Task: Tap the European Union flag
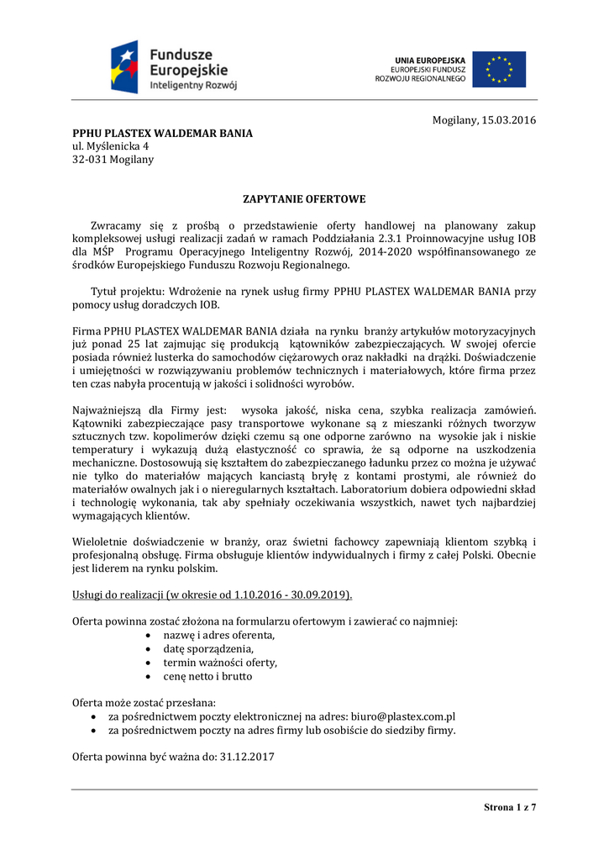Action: pos(499,69)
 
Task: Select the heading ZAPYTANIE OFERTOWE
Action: pos(304,199)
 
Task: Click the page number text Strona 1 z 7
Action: pos(510,807)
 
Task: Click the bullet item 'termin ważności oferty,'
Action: pos(220,662)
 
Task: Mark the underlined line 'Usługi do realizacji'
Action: pos(213,594)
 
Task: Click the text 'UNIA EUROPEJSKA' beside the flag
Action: pos(430,61)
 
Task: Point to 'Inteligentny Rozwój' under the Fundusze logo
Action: pos(193,86)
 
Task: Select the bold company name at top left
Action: pos(162,133)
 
